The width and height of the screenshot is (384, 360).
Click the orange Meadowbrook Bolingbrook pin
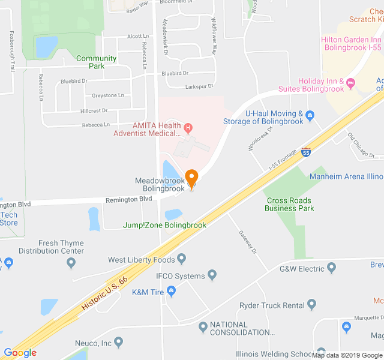[191, 178]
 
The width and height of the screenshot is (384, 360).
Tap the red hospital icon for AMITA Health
[188, 127]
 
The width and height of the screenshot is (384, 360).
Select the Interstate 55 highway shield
[306, 152]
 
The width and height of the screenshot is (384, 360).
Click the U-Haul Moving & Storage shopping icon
[310, 115]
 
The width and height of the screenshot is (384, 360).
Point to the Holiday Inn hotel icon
[351, 82]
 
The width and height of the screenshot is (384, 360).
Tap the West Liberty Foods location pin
[182, 259]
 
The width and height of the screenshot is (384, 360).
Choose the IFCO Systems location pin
[212, 275]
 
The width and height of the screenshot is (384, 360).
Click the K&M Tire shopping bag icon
[172, 292]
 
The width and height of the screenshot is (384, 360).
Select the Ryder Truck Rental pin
[311, 305]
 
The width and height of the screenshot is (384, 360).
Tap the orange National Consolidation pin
[203, 326]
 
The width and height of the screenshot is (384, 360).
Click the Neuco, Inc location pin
[118, 343]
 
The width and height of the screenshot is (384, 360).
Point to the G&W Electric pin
[331, 269]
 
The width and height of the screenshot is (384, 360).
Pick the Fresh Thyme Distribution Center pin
[71, 262]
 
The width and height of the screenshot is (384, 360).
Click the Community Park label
[96, 62]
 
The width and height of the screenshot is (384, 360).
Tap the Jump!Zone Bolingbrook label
[164, 225]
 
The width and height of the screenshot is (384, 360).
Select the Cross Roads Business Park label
[289, 204]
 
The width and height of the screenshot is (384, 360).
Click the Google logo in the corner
[20, 353]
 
